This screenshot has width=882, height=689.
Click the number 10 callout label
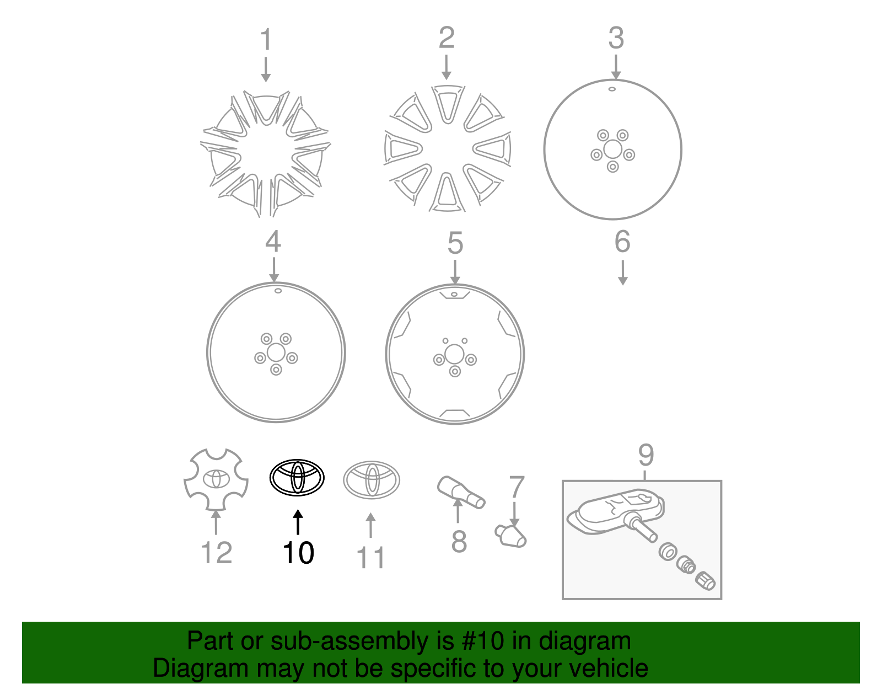coord(298,553)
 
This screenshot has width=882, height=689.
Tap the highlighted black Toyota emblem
coord(297,478)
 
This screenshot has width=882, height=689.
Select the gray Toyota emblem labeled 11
coord(372,480)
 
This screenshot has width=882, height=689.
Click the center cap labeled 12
coord(216,479)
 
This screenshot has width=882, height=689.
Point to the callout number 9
coord(646,456)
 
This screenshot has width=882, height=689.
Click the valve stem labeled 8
coord(461,493)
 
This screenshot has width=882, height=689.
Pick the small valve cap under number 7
coord(512,536)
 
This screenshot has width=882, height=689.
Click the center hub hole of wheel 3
coord(612,149)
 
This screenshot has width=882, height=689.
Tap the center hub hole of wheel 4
coord(276,352)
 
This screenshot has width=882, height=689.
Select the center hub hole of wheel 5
coord(454,355)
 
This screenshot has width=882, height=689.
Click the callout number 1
coord(266,40)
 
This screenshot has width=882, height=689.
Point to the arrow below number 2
coord(447,68)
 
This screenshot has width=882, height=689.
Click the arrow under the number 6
coord(622,273)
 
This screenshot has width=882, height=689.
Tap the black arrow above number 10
coord(298,522)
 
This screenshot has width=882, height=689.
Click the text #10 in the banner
coord(483,641)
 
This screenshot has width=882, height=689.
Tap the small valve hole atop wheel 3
coord(612,89)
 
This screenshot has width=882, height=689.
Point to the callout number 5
coord(455,243)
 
